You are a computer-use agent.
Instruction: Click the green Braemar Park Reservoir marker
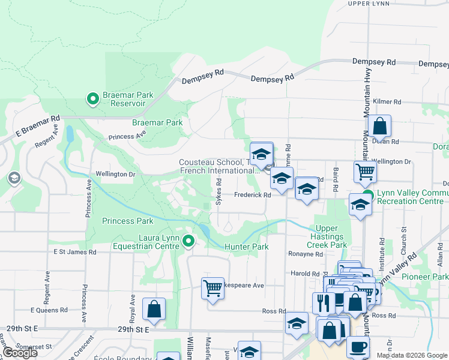click(93, 98)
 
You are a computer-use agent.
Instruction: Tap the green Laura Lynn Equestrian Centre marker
click(188, 242)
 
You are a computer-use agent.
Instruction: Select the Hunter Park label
click(246, 247)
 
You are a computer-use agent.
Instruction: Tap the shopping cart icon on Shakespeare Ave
click(212, 288)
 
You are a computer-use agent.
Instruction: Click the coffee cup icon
click(358, 346)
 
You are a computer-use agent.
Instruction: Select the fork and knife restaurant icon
click(324, 302)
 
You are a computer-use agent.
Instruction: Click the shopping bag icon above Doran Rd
click(379, 127)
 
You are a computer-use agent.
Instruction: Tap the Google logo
click(20, 353)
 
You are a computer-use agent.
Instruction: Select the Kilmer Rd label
click(385, 101)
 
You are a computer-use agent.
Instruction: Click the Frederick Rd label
click(252, 194)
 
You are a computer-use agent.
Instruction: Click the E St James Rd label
click(75, 253)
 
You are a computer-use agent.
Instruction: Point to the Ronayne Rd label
click(307, 254)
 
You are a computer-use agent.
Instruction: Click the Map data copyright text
click(411, 355)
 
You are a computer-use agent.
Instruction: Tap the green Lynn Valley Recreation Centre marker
click(369, 196)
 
